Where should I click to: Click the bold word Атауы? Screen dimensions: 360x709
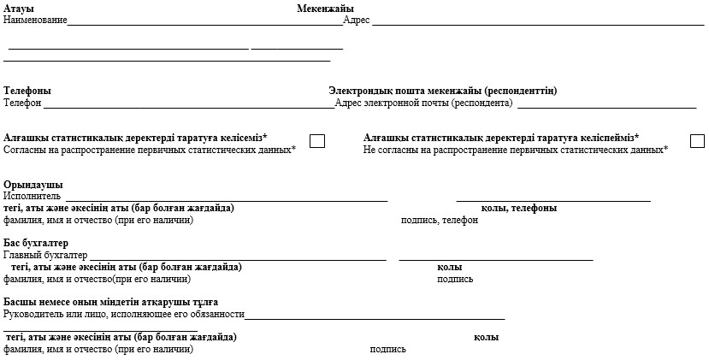pos(19,9)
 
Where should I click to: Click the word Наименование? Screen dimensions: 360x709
pos(35,20)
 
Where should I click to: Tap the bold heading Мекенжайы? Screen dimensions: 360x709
pos(325,9)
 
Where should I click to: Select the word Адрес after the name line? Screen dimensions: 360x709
pos(356,20)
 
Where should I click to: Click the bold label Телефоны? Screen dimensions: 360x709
pos(27,91)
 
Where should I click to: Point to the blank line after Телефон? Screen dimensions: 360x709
pos(188,106)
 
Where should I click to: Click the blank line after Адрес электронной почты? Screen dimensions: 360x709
pos(606,106)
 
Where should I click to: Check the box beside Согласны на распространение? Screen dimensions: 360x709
pos(317,141)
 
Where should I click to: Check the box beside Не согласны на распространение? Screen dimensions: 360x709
pos(697,141)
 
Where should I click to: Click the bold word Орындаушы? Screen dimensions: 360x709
pos(32,186)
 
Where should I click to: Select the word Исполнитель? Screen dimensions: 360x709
pos(32,197)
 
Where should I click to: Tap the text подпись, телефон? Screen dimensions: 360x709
pos(440,221)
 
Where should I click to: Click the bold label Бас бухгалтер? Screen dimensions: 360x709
pos(36,244)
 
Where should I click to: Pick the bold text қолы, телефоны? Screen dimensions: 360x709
pos(519,209)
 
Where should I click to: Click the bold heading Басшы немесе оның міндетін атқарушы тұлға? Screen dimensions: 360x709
pos(110,303)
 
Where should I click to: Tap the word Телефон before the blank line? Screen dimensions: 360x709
pos(22,103)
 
